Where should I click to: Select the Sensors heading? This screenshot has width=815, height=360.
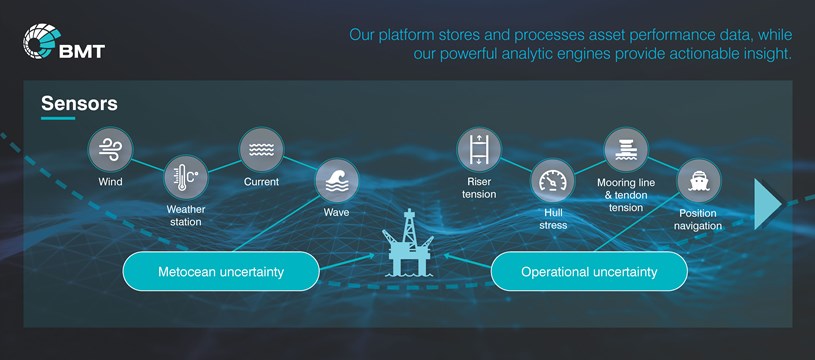(79, 103)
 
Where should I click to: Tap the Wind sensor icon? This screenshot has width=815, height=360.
(110, 150)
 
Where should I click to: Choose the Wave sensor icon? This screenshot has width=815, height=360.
(336, 182)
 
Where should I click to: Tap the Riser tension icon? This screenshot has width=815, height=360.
(479, 150)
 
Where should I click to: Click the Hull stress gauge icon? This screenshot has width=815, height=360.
(553, 181)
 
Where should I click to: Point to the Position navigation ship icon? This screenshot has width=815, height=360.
(698, 182)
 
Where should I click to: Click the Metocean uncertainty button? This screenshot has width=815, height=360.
(221, 271)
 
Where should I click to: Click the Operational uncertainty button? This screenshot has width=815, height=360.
(589, 271)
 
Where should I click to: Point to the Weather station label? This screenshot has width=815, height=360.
(185, 215)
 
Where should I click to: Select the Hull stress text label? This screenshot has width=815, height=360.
(553, 219)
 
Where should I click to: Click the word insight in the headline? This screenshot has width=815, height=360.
(765, 54)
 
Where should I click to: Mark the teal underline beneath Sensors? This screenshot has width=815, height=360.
(58, 119)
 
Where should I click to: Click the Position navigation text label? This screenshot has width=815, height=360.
(698, 219)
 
